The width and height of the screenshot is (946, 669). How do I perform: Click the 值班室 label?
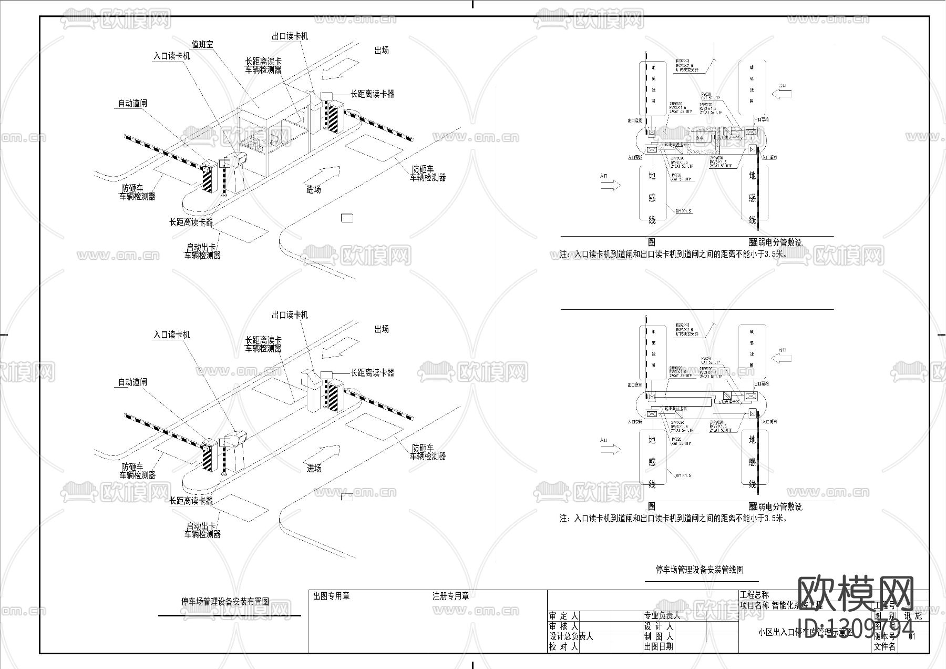click(202, 45)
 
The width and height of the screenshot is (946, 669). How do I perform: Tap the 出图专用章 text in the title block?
click(331, 596)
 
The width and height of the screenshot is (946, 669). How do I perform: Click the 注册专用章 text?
click(450, 596)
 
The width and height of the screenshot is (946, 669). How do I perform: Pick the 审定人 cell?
click(563, 616)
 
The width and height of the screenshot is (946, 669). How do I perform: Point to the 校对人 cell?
click(563, 647)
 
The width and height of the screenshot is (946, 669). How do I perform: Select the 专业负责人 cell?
click(662, 615)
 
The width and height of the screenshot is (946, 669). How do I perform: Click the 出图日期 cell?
click(658, 647)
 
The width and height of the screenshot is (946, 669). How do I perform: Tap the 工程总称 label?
click(754, 595)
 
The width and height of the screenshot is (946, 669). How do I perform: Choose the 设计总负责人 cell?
click(571, 636)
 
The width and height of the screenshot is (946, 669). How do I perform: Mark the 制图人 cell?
click(658, 636)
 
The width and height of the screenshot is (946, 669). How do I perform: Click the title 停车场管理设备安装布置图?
click(225, 601)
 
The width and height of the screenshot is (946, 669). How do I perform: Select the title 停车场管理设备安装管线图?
click(699, 570)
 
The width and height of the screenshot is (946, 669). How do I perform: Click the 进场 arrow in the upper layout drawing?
click(323, 174)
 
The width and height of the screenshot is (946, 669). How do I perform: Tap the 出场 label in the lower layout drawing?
click(382, 329)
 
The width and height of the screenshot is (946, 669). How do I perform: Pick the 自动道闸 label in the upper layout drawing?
click(132, 104)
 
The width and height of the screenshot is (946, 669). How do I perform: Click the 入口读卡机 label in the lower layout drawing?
click(171, 334)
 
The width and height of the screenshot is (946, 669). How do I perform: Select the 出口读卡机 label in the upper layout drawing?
click(290, 36)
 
